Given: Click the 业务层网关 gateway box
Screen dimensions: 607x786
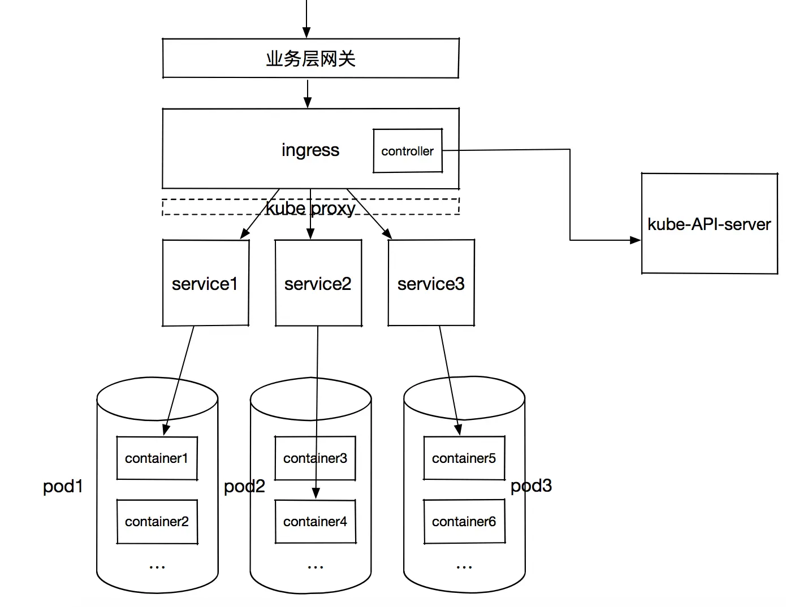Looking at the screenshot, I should click(x=310, y=58).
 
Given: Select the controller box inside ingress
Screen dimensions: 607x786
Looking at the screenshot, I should click(x=407, y=151).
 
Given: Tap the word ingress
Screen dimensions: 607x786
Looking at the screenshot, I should click(x=310, y=150).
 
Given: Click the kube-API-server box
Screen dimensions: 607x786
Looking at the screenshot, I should click(x=709, y=224).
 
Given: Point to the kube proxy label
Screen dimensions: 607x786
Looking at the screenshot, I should click(x=310, y=209).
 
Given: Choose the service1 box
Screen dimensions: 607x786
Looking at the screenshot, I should click(x=205, y=283).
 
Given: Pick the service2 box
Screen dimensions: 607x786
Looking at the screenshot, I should click(x=318, y=283).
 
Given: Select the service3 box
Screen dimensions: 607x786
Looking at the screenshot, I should click(x=431, y=283).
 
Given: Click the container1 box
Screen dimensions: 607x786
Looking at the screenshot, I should click(x=157, y=458).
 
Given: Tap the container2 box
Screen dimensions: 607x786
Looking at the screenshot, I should click(x=157, y=522).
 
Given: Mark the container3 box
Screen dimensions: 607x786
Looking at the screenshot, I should click(x=315, y=458).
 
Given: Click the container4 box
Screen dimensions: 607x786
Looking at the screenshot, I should click(x=315, y=522).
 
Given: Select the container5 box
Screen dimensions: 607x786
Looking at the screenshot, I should click(x=464, y=458).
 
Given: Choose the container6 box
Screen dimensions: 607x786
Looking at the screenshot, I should click(x=464, y=522).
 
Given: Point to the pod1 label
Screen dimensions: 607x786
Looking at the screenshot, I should click(x=63, y=486).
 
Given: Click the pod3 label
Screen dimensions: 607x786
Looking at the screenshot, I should click(x=531, y=486).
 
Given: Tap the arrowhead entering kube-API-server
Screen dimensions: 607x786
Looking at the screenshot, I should click(x=635, y=240).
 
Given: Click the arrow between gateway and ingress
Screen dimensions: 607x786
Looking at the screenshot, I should click(x=308, y=94).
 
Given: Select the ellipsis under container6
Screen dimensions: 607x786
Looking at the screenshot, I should click(x=464, y=566).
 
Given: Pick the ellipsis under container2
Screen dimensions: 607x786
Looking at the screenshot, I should click(x=157, y=566).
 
